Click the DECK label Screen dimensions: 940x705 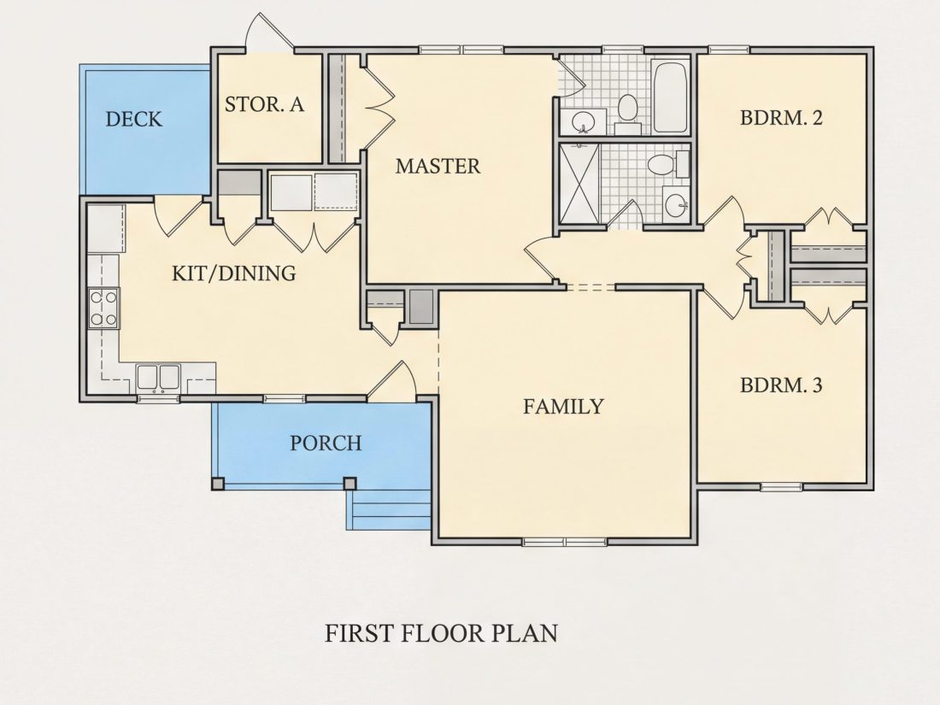133,119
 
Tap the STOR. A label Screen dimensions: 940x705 264,104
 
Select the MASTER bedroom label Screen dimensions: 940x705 438,166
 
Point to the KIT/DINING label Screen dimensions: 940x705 234,273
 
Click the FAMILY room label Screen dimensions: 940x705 563,407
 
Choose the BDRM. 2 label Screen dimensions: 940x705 781,118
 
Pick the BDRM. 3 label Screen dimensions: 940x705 781,385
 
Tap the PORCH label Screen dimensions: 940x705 326,443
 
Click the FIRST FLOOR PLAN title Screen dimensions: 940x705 441,633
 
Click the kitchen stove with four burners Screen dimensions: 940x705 103,308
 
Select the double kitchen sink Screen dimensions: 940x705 158,378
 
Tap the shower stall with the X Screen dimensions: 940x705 579,184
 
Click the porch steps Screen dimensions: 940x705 389,509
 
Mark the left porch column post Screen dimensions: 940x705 218,484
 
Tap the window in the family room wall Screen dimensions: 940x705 564,542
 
